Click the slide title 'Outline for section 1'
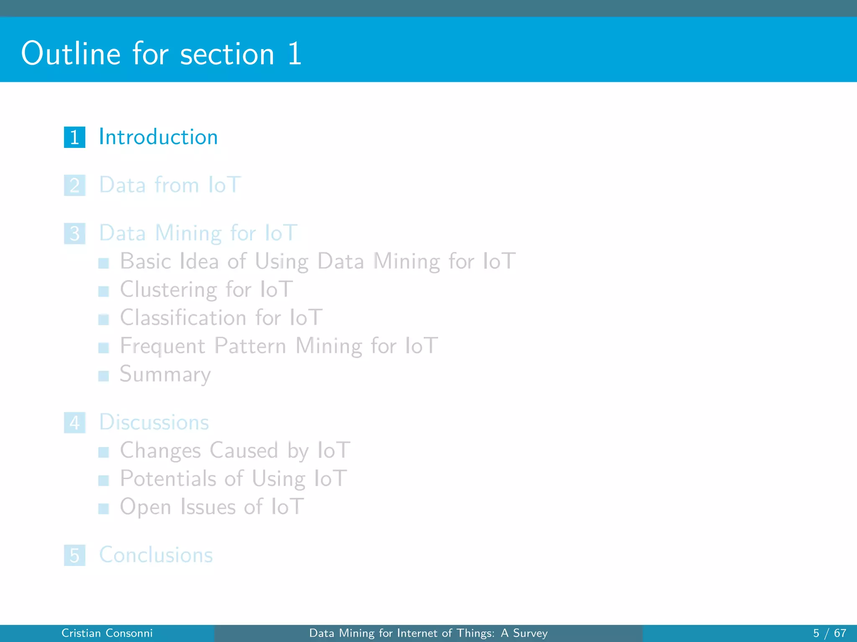(x=161, y=53)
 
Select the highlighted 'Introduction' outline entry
(x=158, y=137)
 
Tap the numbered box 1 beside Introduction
(x=74, y=137)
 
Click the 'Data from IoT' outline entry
(x=170, y=185)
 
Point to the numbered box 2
(x=74, y=185)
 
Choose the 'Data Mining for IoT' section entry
(x=198, y=233)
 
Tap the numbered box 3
(x=74, y=233)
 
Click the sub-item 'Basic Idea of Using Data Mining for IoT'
(x=318, y=261)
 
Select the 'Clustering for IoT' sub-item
(x=206, y=289)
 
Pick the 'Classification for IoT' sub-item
(x=221, y=317)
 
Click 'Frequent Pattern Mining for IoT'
(x=279, y=346)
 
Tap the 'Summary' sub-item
(x=165, y=374)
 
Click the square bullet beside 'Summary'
(x=103, y=376)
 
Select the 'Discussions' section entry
(x=154, y=422)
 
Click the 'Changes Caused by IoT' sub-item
(x=235, y=451)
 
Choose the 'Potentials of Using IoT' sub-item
(x=233, y=479)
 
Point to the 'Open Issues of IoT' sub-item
(x=212, y=507)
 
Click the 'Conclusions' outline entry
(x=156, y=555)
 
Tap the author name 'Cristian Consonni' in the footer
(x=107, y=633)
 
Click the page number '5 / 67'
(x=829, y=633)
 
